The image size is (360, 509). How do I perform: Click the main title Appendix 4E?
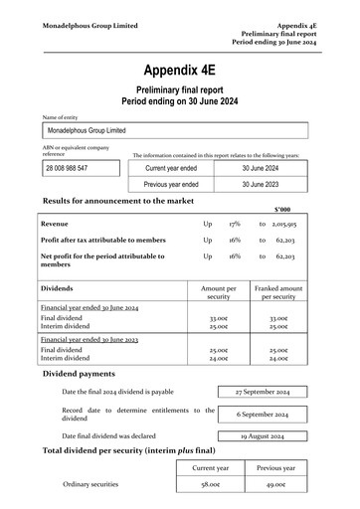click(x=179, y=70)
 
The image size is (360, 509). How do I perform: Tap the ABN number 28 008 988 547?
click(x=67, y=168)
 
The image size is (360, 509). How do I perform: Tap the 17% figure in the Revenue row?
click(x=235, y=226)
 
